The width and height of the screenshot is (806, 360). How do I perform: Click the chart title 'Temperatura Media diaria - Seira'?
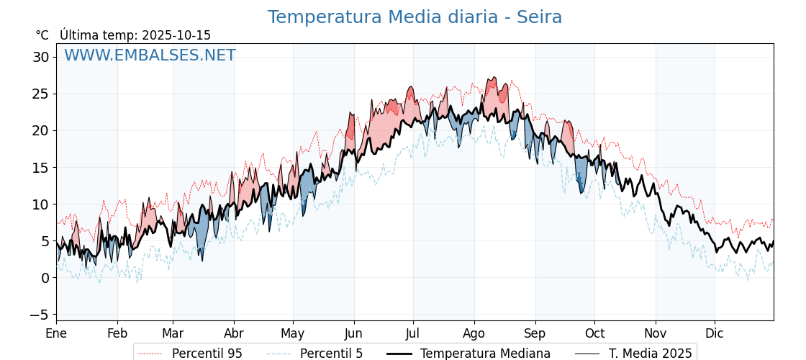[415, 17]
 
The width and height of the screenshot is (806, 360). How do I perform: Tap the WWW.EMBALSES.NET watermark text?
[150, 55]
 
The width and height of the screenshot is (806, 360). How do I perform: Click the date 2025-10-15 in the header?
[176, 35]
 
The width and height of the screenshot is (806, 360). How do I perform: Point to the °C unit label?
[42, 35]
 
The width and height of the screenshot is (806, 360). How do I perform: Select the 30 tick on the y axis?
[40, 57]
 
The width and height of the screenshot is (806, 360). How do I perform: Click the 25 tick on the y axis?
[40, 94]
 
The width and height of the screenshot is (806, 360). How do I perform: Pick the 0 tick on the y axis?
[45, 278]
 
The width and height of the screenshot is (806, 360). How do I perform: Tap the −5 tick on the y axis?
[39, 315]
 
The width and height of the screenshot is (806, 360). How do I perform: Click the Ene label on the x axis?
[56, 334]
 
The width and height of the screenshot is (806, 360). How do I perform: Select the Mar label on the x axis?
[173, 334]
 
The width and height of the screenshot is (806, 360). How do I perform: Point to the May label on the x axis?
[293, 334]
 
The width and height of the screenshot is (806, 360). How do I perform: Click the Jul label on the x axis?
[413, 334]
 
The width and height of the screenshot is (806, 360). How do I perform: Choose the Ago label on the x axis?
[474, 334]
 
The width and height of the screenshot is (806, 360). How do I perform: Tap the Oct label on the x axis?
[594, 334]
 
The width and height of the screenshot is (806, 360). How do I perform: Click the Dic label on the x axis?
[715, 334]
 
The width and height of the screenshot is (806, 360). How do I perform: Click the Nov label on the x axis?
[656, 334]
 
